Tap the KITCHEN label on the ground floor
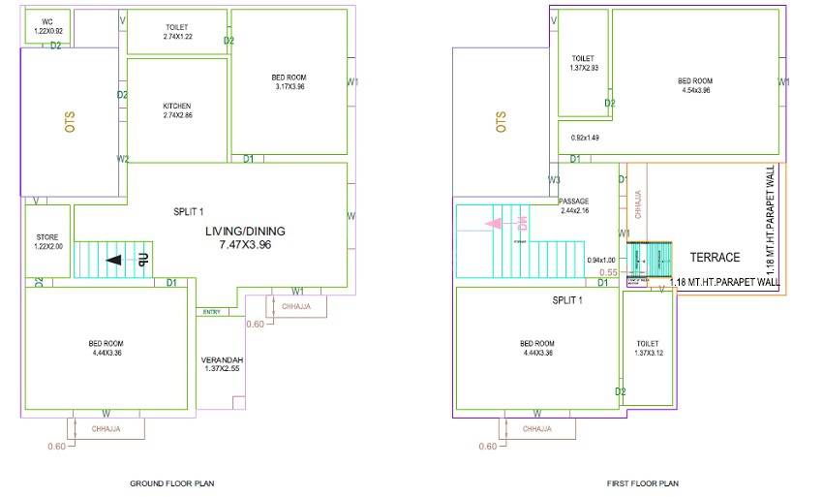(177, 110)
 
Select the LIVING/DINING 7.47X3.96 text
(245, 239)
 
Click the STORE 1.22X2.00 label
(47, 240)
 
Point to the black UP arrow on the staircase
(114, 260)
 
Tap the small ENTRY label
(211, 312)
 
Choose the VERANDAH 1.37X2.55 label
(221, 363)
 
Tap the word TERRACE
(715, 258)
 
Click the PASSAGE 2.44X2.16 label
(574, 205)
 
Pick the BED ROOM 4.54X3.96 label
(695, 85)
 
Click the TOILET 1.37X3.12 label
(648, 349)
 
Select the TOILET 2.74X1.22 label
(177, 32)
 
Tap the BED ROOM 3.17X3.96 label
(289, 81)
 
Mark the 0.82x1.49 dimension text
(585, 138)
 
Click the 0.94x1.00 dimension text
(601, 260)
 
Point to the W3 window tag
(555, 180)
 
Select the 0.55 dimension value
(608, 273)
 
